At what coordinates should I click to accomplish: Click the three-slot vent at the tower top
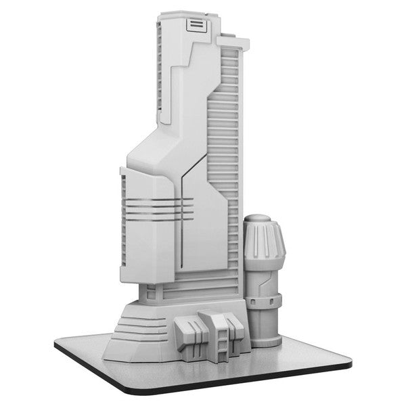click(195, 25)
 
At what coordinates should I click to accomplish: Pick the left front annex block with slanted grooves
click(188, 334)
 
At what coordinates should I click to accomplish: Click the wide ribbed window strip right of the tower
click(226, 135)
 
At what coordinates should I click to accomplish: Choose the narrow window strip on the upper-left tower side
click(159, 68)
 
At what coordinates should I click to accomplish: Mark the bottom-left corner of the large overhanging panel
click(122, 279)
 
